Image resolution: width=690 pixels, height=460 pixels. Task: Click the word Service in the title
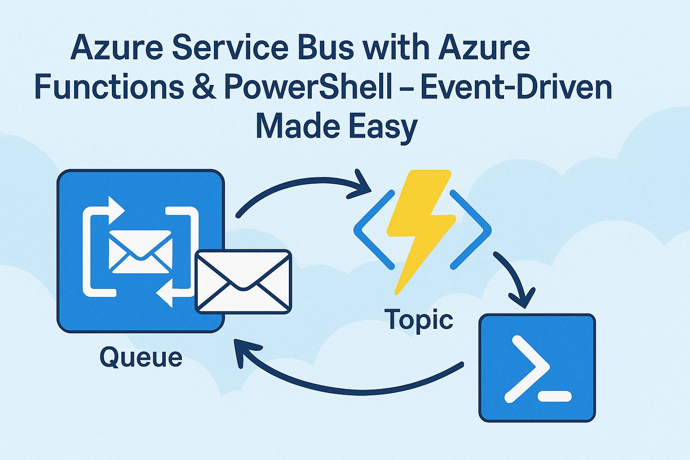click(x=230, y=48)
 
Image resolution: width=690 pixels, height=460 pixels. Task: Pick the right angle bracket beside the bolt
click(x=470, y=230)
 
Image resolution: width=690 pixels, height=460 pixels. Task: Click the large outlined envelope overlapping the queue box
click(x=243, y=282)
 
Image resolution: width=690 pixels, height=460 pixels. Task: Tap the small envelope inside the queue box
click(x=141, y=252)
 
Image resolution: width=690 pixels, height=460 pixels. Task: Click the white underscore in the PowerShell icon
click(x=554, y=396)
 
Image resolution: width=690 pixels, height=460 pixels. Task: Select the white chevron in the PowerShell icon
click(x=527, y=369)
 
